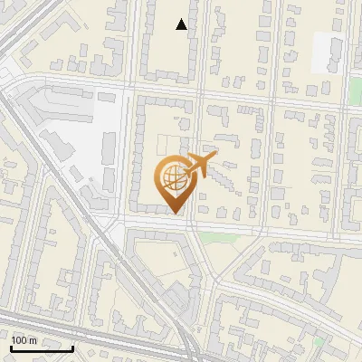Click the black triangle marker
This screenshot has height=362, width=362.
point(182,24)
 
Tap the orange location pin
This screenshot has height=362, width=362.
point(175,181)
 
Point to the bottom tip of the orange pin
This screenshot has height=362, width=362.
point(175,213)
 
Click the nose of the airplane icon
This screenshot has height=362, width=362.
point(212,157)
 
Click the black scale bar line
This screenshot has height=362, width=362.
point(42,348)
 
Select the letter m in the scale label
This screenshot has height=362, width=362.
point(33,339)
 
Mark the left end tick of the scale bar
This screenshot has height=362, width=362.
point(11,347)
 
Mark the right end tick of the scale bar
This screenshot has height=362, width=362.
point(72,347)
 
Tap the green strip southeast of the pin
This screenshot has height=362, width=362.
point(217,238)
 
